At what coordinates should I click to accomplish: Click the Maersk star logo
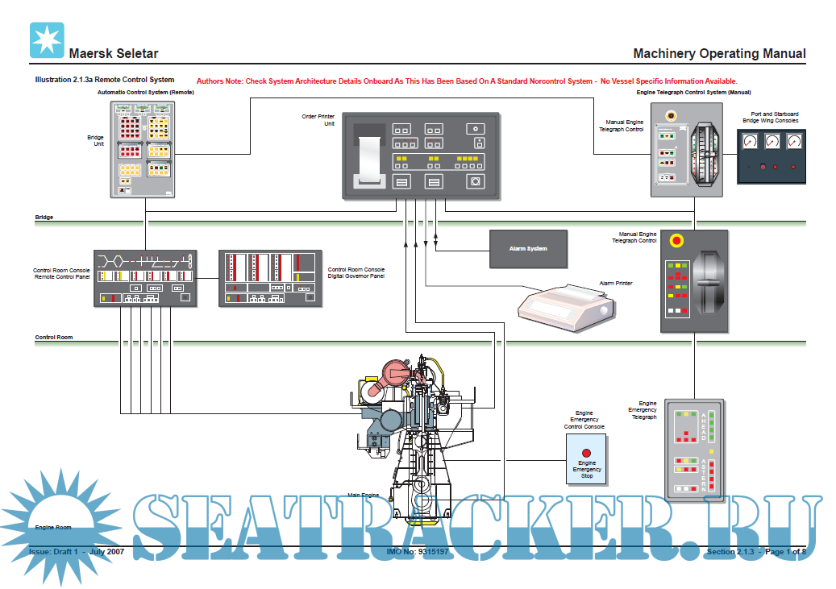coord(46,40)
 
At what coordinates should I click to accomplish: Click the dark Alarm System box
coord(528,249)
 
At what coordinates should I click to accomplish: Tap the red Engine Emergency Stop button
coord(587,453)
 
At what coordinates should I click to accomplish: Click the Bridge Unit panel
coord(146,149)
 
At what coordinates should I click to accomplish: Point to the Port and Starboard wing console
coord(772,156)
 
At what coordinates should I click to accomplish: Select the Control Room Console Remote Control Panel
coord(145,278)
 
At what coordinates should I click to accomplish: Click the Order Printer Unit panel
coord(420,156)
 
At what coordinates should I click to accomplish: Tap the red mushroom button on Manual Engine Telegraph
coord(676,240)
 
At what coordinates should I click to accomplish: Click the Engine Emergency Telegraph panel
coord(694,450)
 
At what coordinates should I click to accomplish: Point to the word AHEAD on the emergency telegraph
coord(703,425)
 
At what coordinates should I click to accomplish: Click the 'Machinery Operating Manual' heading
coord(719,54)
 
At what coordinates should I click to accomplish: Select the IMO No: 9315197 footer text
coord(418,553)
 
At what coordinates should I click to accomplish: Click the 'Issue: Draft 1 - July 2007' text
coord(76,553)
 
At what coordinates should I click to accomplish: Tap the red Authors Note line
coord(467,81)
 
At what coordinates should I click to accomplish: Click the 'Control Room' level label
coord(54,337)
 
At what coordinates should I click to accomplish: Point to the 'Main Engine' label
coord(363,495)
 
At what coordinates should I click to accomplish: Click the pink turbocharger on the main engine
coord(396,371)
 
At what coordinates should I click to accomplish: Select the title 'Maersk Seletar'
coord(114,54)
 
